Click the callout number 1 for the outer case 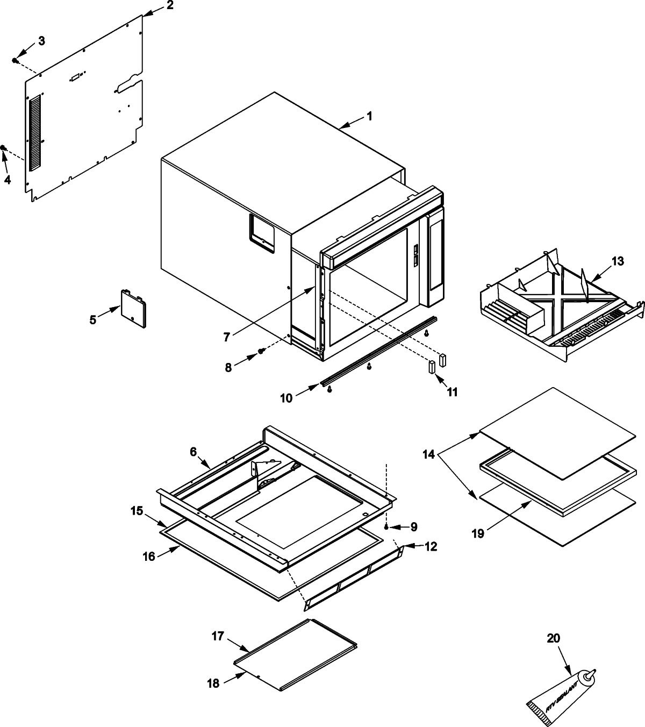click(x=369, y=116)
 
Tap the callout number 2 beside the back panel click(x=169, y=6)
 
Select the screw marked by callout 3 click(x=16, y=61)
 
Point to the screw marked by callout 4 click(x=3, y=148)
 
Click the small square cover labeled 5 click(x=133, y=308)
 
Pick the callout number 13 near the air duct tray click(x=618, y=261)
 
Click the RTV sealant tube click(x=559, y=694)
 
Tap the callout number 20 click(x=553, y=639)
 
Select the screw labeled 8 click(x=262, y=351)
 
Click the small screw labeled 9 click(x=386, y=525)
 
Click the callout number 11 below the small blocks click(x=452, y=392)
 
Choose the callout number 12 click(x=431, y=547)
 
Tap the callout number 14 click(x=428, y=454)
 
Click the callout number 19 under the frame click(x=478, y=533)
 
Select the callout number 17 click(x=217, y=636)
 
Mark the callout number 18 click(x=213, y=683)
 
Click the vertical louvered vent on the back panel click(x=34, y=131)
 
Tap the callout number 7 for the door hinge click(x=227, y=337)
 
